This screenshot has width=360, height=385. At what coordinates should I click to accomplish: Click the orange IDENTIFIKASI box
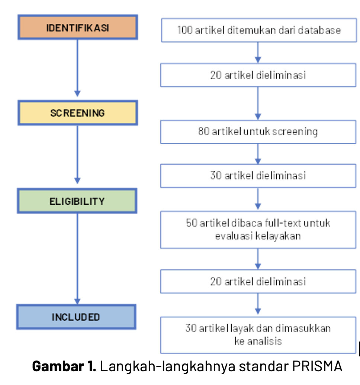[78, 27]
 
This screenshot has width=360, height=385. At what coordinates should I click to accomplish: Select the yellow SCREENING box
[78, 113]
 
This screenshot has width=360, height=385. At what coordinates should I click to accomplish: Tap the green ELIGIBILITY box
[77, 201]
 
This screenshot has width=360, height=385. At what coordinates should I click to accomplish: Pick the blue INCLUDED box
[76, 317]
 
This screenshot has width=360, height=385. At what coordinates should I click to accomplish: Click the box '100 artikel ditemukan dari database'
[258, 30]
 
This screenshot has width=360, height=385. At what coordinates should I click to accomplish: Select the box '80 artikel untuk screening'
[258, 132]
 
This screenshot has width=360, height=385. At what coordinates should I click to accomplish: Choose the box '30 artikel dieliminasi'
[258, 175]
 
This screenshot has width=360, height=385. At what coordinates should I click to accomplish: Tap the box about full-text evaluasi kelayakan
[258, 229]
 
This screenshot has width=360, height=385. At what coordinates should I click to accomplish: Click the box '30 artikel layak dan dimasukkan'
[258, 334]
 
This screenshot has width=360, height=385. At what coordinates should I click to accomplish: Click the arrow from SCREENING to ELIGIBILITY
[77, 155]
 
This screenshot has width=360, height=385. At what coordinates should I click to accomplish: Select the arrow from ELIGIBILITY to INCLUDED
[77, 259]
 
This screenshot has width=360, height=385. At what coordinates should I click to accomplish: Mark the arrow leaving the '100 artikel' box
[258, 52]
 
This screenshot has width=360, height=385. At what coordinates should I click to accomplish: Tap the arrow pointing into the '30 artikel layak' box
[258, 305]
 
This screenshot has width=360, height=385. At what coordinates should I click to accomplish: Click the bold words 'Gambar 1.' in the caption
[64, 366]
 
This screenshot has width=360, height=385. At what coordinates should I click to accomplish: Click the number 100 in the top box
[185, 30]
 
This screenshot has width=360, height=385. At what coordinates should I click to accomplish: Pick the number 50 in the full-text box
[192, 223]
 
